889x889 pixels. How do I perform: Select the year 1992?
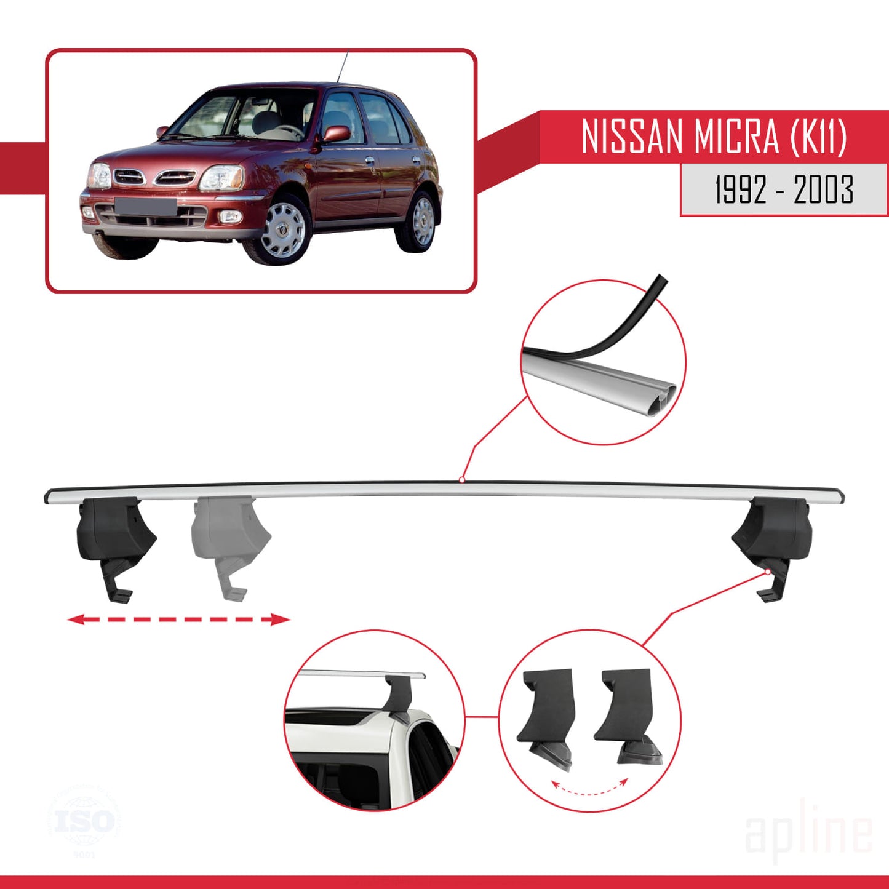coord(741,189)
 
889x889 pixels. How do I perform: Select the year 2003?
coord(823,189)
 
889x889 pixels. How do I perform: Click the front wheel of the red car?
coord(282,229)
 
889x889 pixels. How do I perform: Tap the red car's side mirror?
coord(337,134)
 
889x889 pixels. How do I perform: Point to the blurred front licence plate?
coord(145,206)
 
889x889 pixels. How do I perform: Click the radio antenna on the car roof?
coord(342,67)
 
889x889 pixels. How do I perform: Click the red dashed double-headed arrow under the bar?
coord(178,619)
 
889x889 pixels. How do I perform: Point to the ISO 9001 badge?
coord(84,821)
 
